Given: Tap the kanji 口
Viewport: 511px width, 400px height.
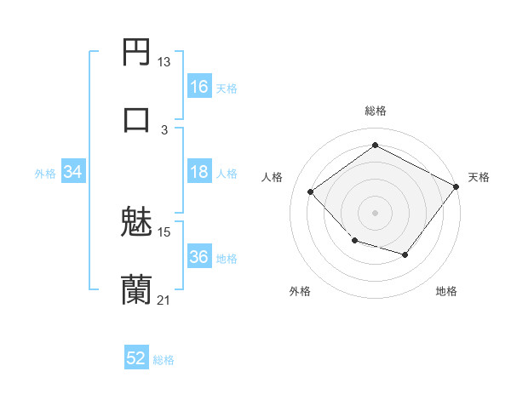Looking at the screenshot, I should point(136,119).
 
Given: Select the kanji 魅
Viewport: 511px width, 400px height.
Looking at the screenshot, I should point(136,223).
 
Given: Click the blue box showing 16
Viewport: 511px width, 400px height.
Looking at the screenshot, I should point(199,87).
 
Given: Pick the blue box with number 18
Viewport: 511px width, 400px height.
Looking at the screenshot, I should point(199,172).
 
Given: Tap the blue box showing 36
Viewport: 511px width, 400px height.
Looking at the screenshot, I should point(199,257).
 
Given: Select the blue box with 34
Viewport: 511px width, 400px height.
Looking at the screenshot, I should point(73,172).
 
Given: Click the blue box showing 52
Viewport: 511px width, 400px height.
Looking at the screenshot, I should point(136,358).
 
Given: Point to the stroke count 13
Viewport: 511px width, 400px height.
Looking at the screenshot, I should point(164,62).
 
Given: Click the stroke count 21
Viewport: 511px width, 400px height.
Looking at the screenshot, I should point(164,300).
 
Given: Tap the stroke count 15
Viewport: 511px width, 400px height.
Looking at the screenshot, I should point(164,231).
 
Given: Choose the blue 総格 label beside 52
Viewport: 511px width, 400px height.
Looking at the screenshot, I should point(164,360).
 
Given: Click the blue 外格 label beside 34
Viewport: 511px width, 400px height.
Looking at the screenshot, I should point(45,174).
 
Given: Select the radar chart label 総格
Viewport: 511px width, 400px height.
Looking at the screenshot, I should point(376,111).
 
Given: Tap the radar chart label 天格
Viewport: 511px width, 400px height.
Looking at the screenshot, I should point(479,177).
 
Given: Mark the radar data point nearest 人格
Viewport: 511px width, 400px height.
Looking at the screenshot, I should point(311,192).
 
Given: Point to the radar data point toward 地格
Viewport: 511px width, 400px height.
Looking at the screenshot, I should point(405,254).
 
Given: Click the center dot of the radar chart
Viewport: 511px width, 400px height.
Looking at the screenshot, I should point(375,212).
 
